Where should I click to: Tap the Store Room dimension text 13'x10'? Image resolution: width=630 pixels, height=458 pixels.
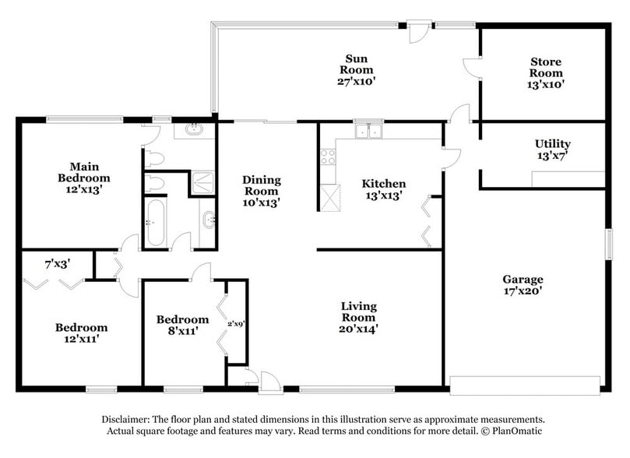546,84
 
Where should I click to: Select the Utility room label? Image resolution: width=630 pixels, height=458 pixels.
552,143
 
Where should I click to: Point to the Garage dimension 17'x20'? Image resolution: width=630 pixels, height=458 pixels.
523,291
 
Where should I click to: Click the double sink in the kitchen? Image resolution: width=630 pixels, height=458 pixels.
367,132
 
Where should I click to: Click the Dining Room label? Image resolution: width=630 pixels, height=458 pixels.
262,185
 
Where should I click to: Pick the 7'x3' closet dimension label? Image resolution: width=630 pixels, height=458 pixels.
57,264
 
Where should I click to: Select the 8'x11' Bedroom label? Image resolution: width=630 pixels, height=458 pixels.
182,319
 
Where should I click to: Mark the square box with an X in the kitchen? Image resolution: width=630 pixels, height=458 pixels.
331,196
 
